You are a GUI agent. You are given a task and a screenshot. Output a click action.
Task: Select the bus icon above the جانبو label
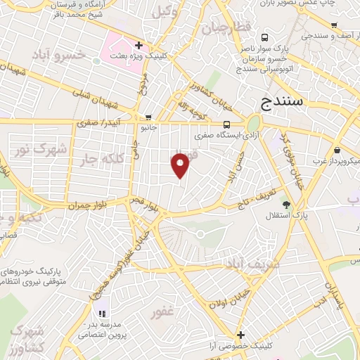148,118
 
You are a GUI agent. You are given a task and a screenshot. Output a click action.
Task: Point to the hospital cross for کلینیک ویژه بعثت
139,45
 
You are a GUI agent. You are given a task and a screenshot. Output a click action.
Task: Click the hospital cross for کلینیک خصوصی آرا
241,335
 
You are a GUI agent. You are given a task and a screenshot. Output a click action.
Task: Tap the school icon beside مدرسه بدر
102,313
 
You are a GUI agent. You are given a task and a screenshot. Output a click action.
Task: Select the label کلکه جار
97,159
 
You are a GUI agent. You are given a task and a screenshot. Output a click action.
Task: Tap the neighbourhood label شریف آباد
252,264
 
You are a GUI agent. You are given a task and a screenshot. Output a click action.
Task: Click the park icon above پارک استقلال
285,202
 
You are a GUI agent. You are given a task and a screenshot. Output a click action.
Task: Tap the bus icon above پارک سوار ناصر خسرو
264,37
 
